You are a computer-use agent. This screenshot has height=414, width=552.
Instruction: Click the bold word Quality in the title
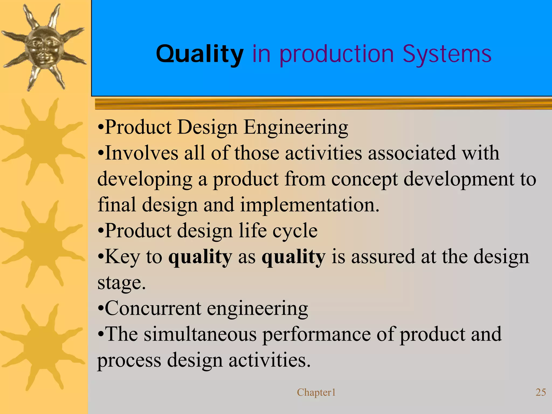click(199, 54)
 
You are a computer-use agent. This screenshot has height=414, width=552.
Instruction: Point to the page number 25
click(541, 392)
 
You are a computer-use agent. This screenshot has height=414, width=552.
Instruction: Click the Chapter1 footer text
click(316, 392)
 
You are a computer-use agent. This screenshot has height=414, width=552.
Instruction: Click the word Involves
click(141, 153)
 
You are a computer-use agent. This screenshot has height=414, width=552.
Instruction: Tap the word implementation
click(310, 205)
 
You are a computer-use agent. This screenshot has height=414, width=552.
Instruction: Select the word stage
click(121, 283)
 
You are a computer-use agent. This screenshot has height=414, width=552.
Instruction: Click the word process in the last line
click(129, 360)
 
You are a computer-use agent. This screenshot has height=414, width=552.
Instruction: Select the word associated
click(412, 153)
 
